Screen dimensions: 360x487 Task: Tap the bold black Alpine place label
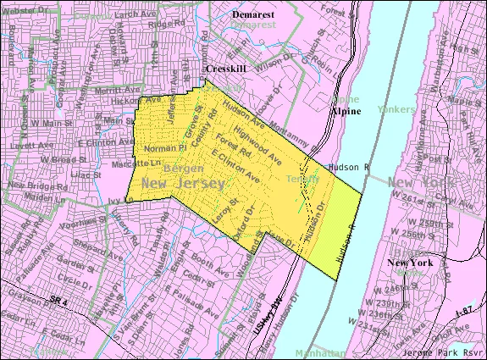pos(346,110)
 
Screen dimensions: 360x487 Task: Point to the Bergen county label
pos(185,169)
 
